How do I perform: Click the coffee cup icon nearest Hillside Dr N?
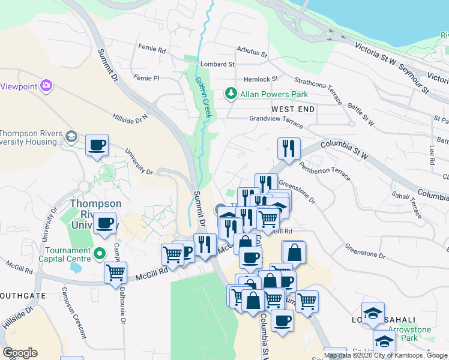pyautogui.click(x=97, y=145)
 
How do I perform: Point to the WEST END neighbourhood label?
pyautogui.click(x=293, y=109)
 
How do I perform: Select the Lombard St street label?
pyautogui.click(x=217, y=64)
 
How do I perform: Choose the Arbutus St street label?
pyautogui.click(x=252, y=51)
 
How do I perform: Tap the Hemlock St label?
pyautogui.click(x=261, y=79)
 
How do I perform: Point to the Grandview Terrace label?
pyautogui.click(x=277, y=119)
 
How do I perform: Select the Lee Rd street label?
pyautogui.click(x=432, y=154)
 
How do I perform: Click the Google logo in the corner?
pyautogui.click(x=20, y=353)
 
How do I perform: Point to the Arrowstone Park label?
pyautogui.click(x=410, y=334)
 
